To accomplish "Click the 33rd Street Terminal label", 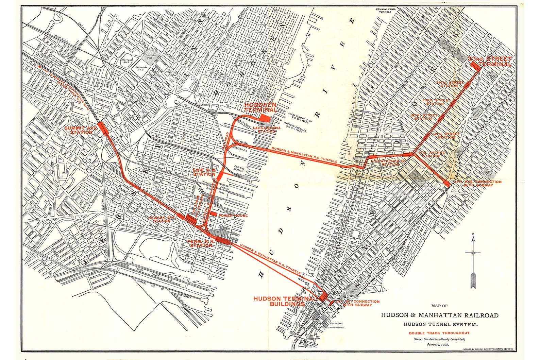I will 490,61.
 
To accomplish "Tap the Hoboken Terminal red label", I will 260,107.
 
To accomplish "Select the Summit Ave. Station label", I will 81,130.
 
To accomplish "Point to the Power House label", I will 233,216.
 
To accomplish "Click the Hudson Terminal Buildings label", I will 284,301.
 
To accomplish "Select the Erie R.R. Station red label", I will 204,172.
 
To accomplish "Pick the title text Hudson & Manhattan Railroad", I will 439,315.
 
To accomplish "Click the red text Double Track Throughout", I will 439,333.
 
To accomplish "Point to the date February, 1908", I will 438,344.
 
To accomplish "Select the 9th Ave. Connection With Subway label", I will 478,183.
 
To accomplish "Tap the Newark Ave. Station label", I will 162,219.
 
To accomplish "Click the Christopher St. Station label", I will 388,162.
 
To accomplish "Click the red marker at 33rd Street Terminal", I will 476,65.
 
